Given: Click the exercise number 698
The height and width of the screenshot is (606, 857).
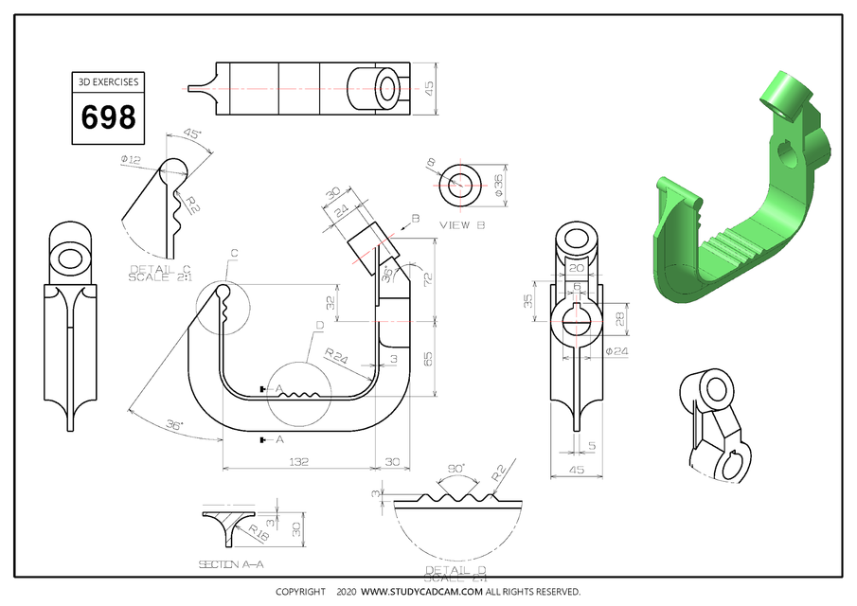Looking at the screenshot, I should point(108,118).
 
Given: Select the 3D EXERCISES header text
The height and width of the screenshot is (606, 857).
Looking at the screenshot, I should point(108,82).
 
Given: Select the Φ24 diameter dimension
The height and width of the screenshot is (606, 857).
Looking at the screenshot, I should point(616,351).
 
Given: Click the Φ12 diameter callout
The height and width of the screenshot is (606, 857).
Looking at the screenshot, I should point(131,160).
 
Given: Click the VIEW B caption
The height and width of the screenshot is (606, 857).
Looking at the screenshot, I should point(462,225).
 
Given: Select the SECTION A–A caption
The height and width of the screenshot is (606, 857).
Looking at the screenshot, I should point(230,564).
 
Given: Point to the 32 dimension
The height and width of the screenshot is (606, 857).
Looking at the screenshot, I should point(330,303).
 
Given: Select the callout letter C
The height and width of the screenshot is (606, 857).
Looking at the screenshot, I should point(233,253).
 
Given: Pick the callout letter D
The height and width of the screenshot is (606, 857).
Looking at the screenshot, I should point(320,327).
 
